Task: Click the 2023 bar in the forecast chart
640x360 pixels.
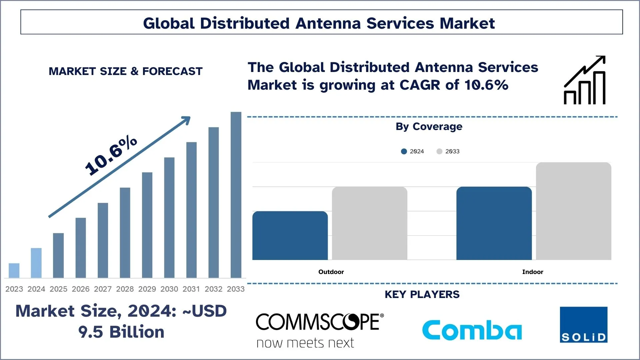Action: coord(14,270)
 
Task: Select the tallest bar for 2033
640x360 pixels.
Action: coord(236,195)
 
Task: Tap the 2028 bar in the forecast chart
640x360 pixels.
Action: coord(125,233)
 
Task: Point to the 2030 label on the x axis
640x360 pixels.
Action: coord(169,289)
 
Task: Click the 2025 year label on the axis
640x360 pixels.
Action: coord(58,289)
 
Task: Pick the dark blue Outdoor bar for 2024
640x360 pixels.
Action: coord(290,235)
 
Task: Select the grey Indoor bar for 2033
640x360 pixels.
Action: coord(573,211)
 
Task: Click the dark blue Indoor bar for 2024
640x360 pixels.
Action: coord(494,223)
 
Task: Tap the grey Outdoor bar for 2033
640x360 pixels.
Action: coord(369,223)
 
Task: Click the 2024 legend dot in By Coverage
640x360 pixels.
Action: coord(404,151)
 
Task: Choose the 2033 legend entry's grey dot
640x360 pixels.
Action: coord(439,151)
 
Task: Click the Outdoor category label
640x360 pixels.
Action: coord(331,272)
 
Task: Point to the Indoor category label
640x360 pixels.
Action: coord(533,272)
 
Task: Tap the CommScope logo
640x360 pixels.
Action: coord(319,330)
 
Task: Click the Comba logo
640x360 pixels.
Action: coord(472,330)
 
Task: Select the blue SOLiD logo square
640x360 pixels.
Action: coord(583,325)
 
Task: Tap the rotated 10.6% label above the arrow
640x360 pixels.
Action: coord(111,156)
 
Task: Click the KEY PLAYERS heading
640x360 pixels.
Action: coord(422,295)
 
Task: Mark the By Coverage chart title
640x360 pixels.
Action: coord(429,127)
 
